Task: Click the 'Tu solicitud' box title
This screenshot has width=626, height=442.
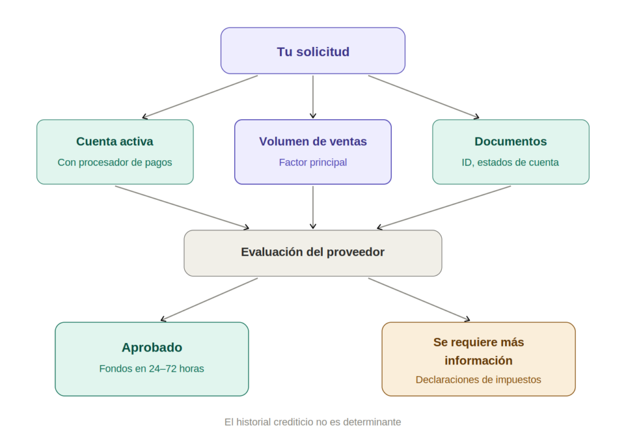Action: click(x=313, y=52)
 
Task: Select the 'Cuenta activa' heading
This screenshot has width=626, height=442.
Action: click(x=115, y=142)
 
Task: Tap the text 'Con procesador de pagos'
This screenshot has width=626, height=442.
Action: click(x=115, y=163)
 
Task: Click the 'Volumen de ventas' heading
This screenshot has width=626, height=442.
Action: click(x=313, y=142)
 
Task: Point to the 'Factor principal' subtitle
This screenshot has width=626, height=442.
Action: click(x=313, y=163)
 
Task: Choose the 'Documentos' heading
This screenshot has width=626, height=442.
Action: click(x=510, y=142)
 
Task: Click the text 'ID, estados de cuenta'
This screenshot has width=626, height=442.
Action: click(x=510, y=163)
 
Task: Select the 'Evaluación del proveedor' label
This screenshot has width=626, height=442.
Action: click(x=313, y=252)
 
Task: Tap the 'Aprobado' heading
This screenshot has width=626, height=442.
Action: click(x=152, y=348)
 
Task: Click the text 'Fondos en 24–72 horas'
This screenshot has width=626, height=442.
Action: click(x=152, y=369)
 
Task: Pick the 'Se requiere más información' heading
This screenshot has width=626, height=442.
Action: click(x=479, y=351)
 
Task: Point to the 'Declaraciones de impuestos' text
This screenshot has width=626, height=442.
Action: click(x=479, y=380)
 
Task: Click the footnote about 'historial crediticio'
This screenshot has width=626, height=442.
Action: click(x=313, y=422)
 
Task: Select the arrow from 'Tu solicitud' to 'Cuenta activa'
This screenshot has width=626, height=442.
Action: click(x=200, y=97)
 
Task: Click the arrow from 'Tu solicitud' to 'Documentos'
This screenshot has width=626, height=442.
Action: click(x=424, y=96)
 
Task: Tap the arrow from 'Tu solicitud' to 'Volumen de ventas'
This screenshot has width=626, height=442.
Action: click(x=313, y=97)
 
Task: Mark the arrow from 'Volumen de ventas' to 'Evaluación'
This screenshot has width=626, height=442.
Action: click(x=313, y=207)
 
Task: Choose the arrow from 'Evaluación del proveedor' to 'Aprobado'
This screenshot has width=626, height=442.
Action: click(x=209, y=299)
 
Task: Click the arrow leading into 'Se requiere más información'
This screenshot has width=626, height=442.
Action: click(x=419, y=299)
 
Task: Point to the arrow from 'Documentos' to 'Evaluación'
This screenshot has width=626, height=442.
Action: click(x=444, y=207)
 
